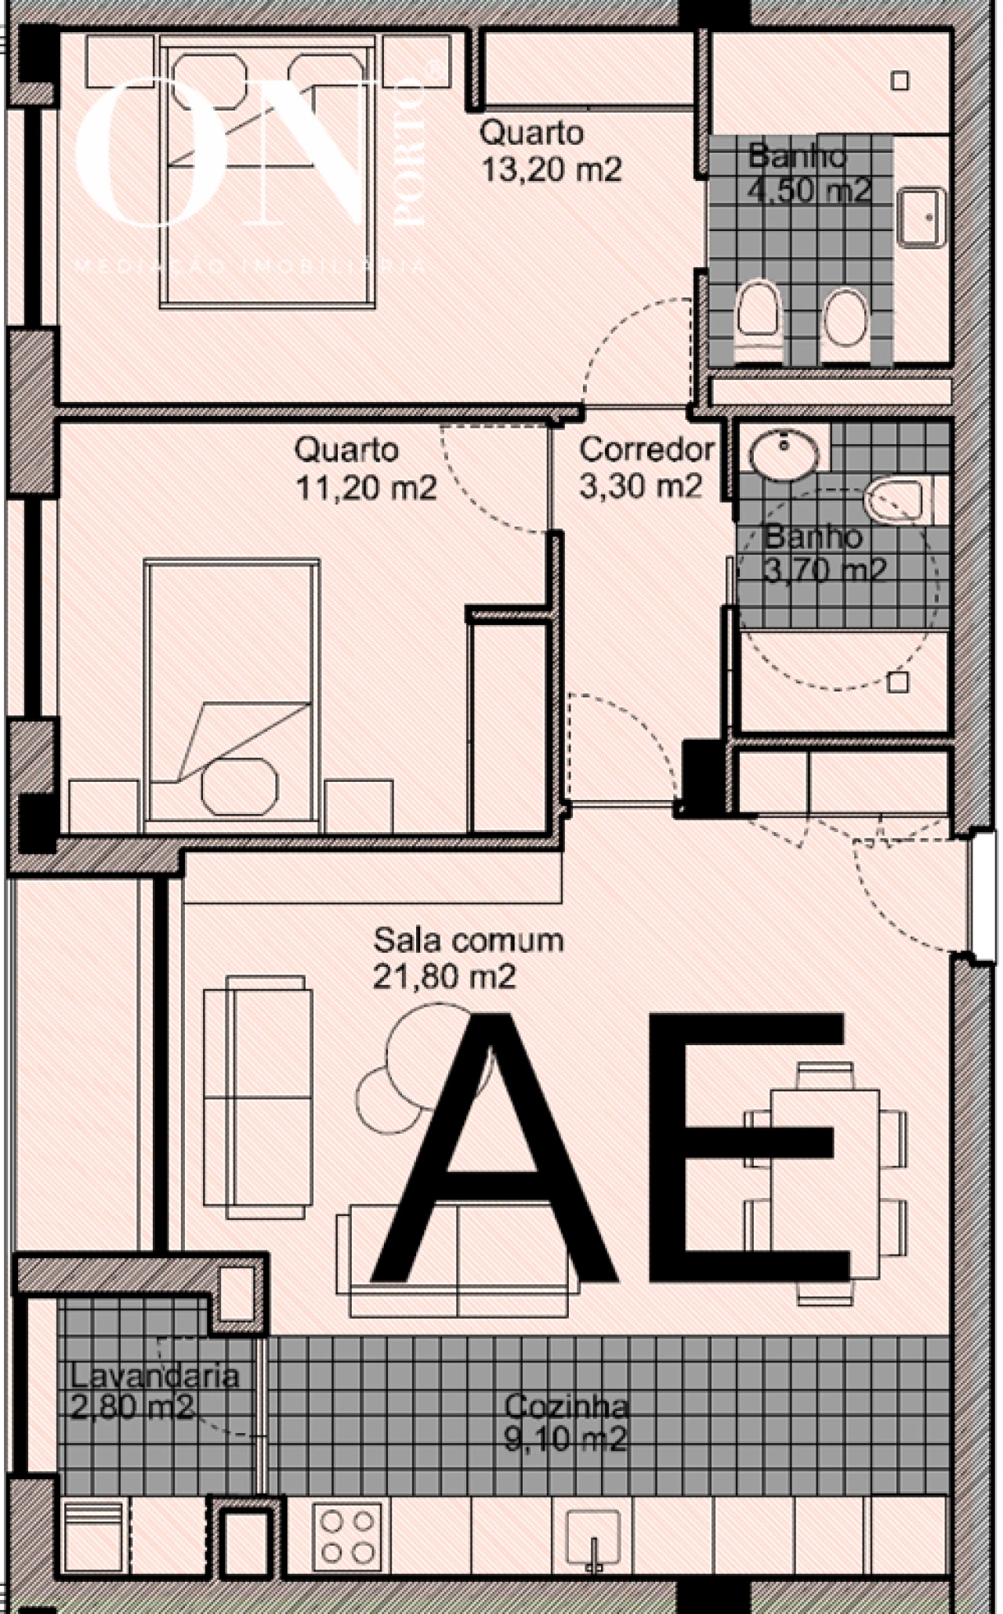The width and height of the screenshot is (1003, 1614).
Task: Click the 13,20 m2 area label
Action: [551, 169]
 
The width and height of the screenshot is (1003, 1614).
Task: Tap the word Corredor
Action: [646, 450]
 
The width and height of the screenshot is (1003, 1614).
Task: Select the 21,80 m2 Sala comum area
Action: [444, 977]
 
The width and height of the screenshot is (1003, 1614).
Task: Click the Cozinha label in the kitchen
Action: [567, 1406]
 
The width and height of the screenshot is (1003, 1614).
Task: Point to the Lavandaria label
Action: [154, 1376]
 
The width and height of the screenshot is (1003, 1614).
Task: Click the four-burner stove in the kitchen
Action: [347, 1536]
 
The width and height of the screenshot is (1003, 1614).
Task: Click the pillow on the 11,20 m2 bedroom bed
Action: [240, 786]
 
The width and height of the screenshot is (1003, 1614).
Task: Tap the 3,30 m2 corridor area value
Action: [640, 487]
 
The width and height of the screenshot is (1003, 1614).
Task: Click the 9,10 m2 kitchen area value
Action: [565, 1439]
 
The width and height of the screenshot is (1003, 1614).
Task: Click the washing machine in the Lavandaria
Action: [92, 1536]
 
